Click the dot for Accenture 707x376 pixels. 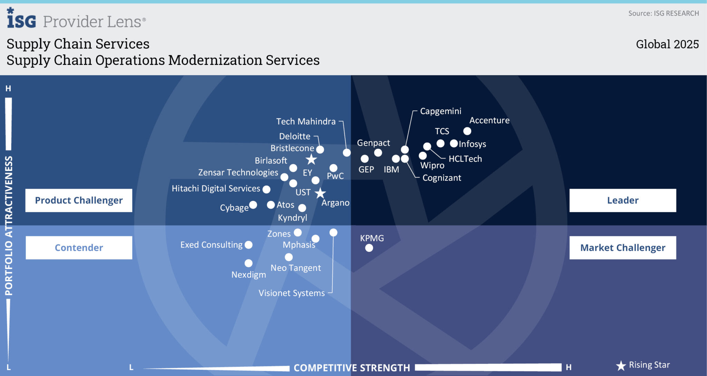[x=467, y=131]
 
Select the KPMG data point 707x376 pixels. [x=369, y=248]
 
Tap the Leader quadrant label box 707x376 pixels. [x=622, y=200]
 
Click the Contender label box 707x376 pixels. [x=79, y=248]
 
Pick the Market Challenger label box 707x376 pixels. [x=622, y=248]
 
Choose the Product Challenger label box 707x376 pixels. [x=79, y=200]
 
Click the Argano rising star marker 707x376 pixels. [x=320, y=193]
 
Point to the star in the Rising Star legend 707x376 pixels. [x=621, y=366]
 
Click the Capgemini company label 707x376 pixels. [x=440, y=111]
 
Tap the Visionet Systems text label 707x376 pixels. [x=291, y=293]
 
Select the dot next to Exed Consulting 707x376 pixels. [x=249, y=245]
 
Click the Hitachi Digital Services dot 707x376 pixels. [x=266, y=189]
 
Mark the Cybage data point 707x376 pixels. [x=253, y=205]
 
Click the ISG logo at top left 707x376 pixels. [x=21, y=19]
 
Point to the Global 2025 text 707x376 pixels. [x=667, y=44]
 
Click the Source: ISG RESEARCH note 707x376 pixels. [x=663, y=13]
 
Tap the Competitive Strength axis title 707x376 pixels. [x=351, y=368]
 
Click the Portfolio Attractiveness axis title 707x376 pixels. [x=9, y=226]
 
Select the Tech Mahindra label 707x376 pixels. [x=306, y=121]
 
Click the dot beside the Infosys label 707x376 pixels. [x=454, y=144]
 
